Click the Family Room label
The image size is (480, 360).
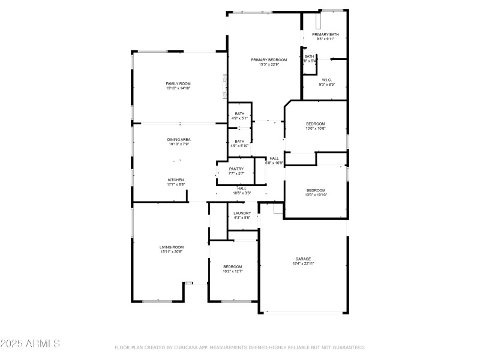[x=178, y=83]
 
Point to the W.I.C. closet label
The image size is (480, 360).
[x=327, y=80]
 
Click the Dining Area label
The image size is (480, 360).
[x=179, y=139]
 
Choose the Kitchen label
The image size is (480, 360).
[x=176, y=180]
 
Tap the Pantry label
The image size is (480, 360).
[x=236, y=169]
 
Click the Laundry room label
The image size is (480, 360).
[x=242, y=213]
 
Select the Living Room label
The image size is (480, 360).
[x=171, y=247]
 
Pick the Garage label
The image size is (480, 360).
[x=303, y=259]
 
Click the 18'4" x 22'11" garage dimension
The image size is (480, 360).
[x=303, y=263]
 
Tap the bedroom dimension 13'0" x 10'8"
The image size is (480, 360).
[x=316, y=128]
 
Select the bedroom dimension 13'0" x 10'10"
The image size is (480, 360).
[x=316, y=194]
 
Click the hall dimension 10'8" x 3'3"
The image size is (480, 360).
[x=242, y=193]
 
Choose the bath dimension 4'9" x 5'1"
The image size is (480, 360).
[x=239, y=118]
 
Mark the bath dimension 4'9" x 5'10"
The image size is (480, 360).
[x=239, y=146]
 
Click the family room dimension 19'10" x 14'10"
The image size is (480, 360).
[x=178, y=88]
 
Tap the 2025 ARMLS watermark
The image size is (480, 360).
[x=30, y=344]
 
